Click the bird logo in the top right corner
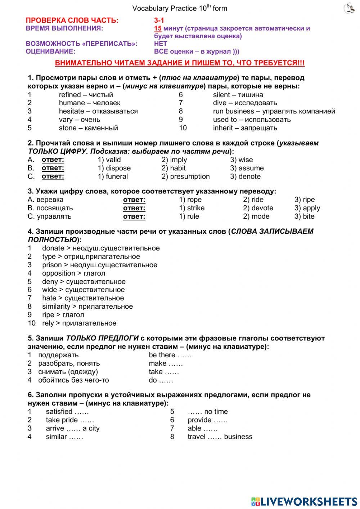(x=349, y=9)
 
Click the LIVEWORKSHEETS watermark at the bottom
(x=304, y=501)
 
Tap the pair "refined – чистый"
(x=86, y=95)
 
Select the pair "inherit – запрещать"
(x=245, y=128)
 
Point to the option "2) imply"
(x=174, y=160)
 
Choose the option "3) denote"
(x=245, y=177)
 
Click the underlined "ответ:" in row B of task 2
(x=53, y=168)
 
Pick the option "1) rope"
(x=190, y=200)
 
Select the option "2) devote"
(x=258, y=208)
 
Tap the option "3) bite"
(x=304, y=216)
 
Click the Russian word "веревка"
(x=50, y=200)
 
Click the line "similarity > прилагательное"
(x=87, y=307)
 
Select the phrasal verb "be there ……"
(x=170, y=355)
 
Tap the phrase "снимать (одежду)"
(x=68, y=372)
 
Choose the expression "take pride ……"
(x=70, y=420)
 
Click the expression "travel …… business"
(x=220, y=437)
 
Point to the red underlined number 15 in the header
(x=158, y=28)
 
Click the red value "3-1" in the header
(x=159, y=21)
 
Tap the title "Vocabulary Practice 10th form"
(x=180, y=8)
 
